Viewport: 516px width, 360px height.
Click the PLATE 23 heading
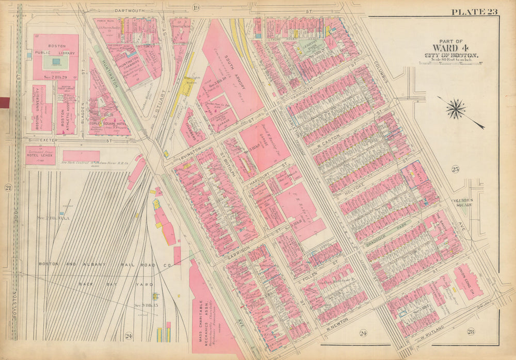click(475, 12)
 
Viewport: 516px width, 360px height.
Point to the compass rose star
click(456, 109)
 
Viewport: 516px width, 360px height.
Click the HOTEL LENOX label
click(40, 157)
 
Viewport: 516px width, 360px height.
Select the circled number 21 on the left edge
click(8, 188)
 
